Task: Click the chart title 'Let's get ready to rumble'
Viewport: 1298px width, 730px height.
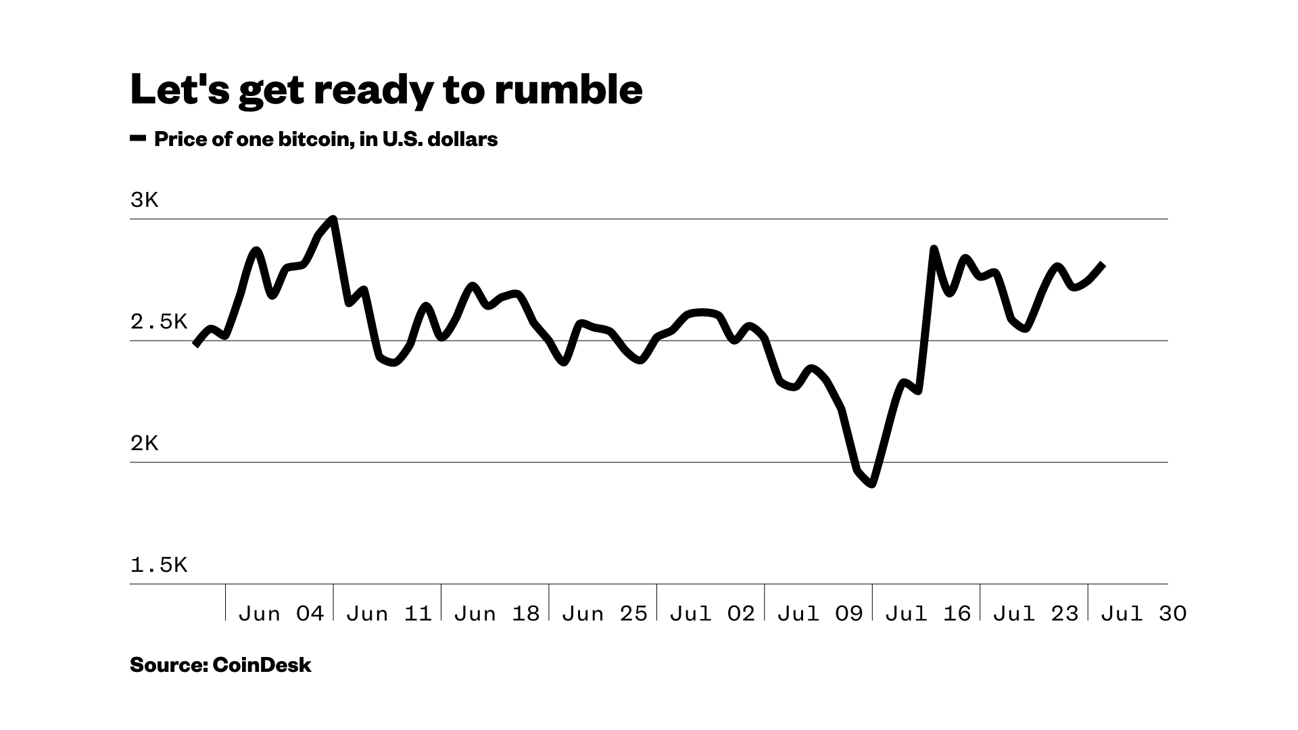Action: (386, 90)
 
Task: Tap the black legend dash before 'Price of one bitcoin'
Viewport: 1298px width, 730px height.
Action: (138, 139)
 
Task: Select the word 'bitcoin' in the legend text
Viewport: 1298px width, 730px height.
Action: (314, 139)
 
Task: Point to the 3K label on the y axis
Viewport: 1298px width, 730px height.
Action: (144, 200)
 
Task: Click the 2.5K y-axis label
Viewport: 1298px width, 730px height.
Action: (158, 322)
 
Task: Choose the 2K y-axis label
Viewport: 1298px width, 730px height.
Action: (144, 443)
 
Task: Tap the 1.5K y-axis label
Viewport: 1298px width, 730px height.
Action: (158, 565)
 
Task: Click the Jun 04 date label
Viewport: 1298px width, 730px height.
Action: (281, 614)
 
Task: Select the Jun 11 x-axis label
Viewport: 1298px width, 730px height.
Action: (389, 614)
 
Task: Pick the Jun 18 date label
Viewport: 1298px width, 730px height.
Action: (497, 614)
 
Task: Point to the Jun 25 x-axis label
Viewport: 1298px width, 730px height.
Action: (604, 614)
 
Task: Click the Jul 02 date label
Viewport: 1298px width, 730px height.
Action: (712, 614)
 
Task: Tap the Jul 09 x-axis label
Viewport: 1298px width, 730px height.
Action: (820, 614)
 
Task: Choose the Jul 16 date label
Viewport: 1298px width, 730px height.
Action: (928, 614)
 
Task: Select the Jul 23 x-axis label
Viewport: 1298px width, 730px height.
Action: (1036, 614)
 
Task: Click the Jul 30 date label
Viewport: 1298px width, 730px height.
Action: (1144, 614)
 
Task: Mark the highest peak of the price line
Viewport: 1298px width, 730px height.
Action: (333, 219)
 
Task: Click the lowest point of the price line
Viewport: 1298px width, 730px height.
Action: (873, 484)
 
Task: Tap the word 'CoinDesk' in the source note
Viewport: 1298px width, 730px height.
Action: (262, 665)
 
